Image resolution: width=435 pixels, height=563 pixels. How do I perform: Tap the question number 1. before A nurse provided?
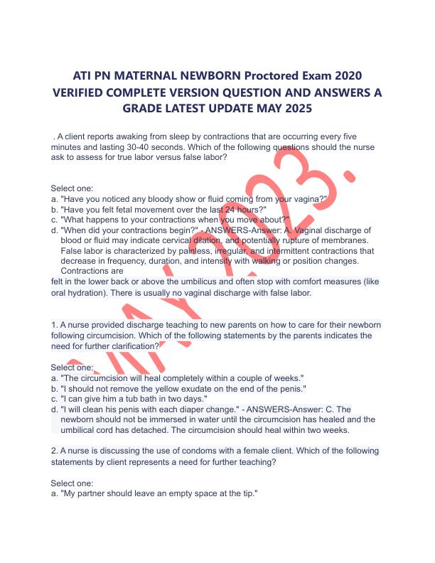[x=55, y=325]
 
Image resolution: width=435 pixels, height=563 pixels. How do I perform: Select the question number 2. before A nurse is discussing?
[x=55, y=451]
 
